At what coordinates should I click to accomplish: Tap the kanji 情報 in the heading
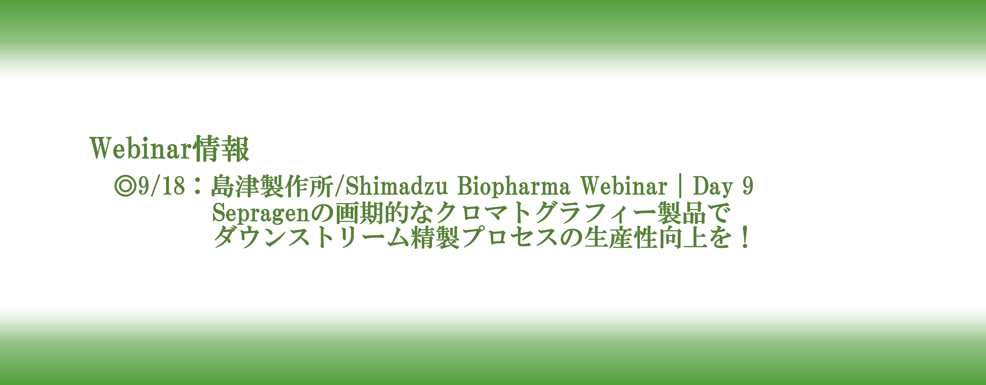pos(221,148)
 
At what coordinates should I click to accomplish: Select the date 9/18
pos(162,186)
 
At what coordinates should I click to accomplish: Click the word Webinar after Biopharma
pos(624,186)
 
